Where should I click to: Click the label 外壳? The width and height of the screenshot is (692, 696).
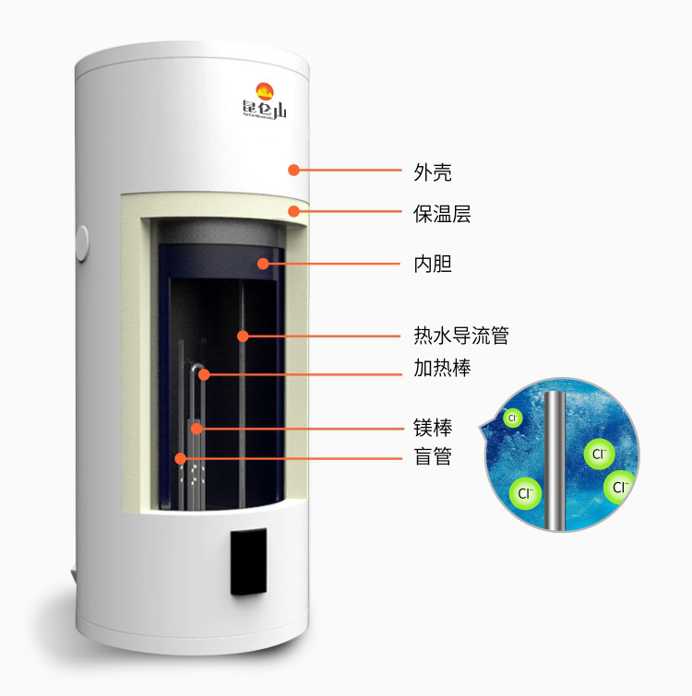pyautogui.click(x=433, y=171)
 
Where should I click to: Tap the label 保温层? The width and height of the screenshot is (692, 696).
pyautogui.click(x=442, y=214)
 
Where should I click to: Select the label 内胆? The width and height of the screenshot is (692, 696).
pyautogui.click(x=433, y=265)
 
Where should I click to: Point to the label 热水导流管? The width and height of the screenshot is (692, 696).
pyautogui.click(x=460, y=336)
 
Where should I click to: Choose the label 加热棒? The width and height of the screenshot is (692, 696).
pyautogui.click(x=442, y=369)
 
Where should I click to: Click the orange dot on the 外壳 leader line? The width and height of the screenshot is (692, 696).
pyautogui.click(x=293, y=170)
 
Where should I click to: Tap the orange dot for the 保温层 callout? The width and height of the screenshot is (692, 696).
pyautogui.click(x=293, y=211)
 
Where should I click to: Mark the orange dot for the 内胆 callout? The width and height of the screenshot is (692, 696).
pyautogui.click(x=263, y=264)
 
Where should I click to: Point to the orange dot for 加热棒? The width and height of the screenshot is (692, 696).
pyautogui.click(x=204, y=374)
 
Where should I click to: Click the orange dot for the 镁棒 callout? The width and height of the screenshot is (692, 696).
pyautogui.click(x=196, y=429)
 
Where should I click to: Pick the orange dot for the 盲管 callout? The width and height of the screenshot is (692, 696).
pyautogui.click(x=181, y=457)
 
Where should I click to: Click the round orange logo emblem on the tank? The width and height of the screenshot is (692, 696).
pyautogui.click(x=264, y=91)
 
